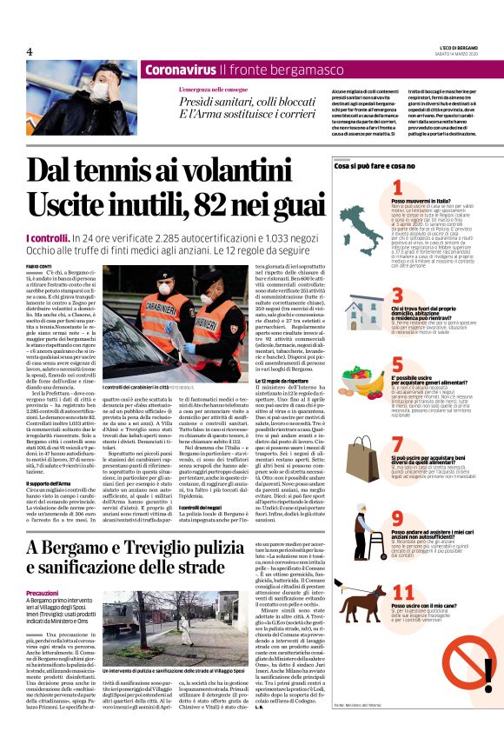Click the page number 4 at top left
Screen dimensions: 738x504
click(x=29, y=51)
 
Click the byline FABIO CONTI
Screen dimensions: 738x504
click(x=40, y=266)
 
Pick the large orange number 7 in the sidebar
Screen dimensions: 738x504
click(x=397, y=444)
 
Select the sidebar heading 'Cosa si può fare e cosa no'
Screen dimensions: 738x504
click(x=375, y=165)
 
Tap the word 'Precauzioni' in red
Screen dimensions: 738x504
click(x=43, y=592)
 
